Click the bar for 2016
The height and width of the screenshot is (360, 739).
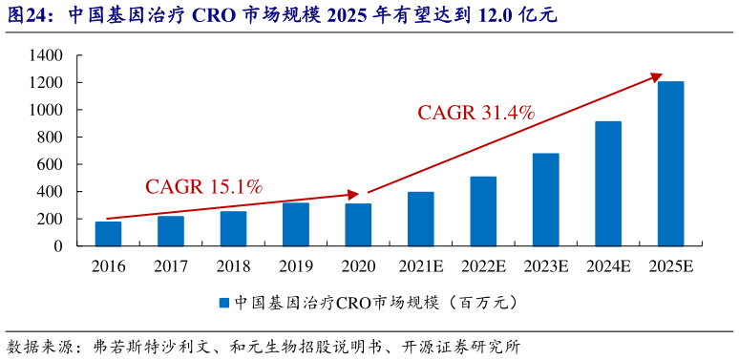108,234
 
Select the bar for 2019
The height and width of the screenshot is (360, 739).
295,224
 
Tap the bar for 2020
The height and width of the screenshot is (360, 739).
358,224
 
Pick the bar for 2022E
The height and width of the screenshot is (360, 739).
483,211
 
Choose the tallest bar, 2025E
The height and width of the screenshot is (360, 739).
670,163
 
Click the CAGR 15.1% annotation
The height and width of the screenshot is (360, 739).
203,186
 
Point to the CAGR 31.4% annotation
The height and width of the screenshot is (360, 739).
475,113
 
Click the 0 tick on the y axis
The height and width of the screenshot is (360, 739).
58,246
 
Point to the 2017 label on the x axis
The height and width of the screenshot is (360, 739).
171,265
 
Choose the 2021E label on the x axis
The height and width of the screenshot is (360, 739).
420,265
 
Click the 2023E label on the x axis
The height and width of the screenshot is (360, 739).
545,265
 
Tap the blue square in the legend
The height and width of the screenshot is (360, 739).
223,303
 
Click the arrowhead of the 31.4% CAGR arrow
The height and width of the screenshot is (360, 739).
657,75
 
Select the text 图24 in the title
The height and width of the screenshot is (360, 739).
26,15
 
